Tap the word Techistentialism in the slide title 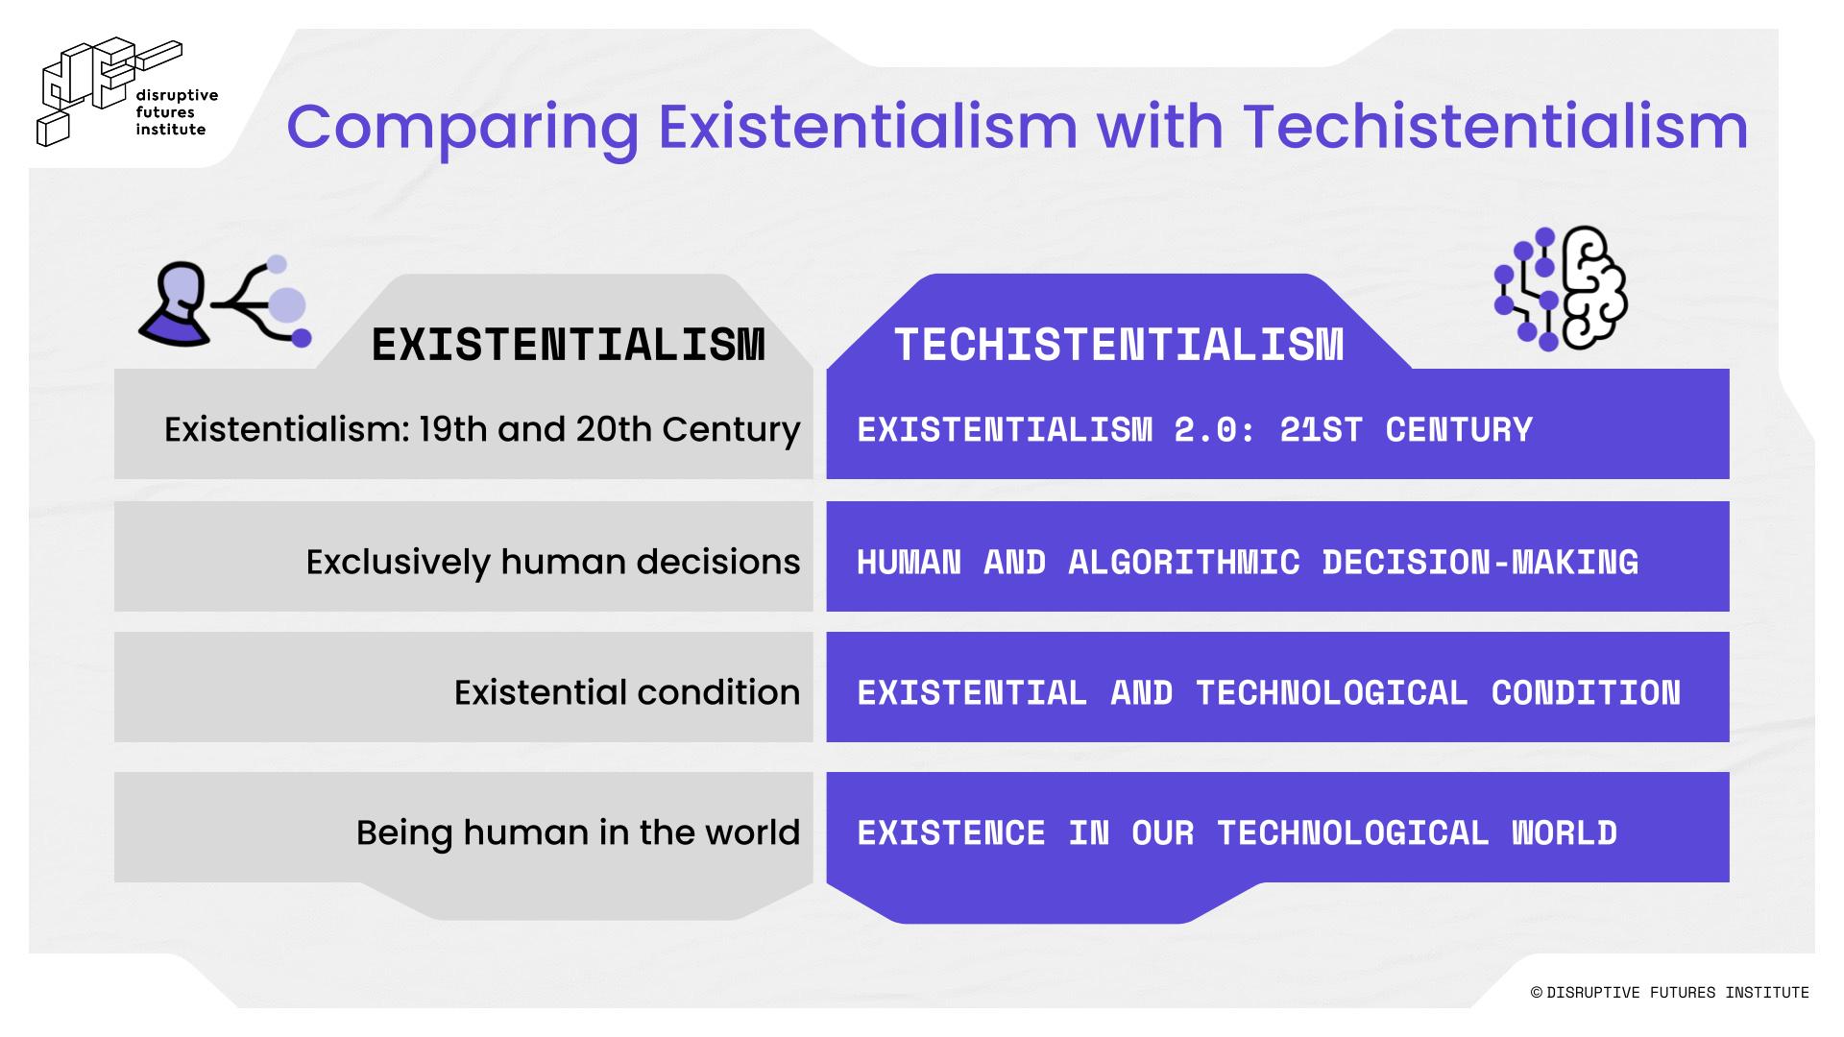click(1495, 126)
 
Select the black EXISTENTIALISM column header click(569, 345)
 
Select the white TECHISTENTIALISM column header click(1119, 345)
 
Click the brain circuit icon click(1561, 288)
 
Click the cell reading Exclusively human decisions click(464, 556)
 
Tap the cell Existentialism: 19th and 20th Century click(464, 424)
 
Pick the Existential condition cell click(464, 687)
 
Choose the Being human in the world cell click(464, 827)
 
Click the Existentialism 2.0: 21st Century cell click(1277, 424)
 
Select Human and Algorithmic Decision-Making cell click(1277, 556)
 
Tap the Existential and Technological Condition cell click(1277, 687)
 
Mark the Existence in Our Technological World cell click(1277, 827)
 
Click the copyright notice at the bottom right click(1669, 993)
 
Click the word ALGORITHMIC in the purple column click(1184, 562)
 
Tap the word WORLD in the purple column click(1565, 832)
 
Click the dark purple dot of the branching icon click(302, 338)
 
